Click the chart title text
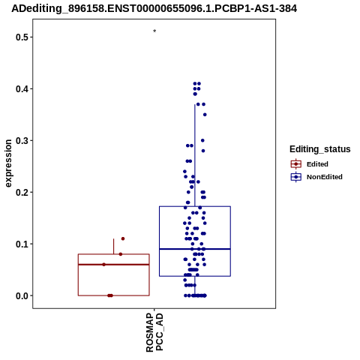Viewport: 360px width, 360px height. click(x=154, y=9)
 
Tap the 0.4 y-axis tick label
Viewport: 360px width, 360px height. click(x=21, y=89)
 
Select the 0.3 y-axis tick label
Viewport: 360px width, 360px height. click(x=21, y=141)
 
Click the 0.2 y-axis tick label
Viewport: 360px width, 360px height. click(x=21, y=193)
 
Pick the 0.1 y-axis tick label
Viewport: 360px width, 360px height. click(x=21, y=244)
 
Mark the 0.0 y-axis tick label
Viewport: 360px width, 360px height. click(x=21, y=296)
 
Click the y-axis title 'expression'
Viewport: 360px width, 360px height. click(x=8, y=163)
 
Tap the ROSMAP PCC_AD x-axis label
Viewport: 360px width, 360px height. click(x=154, y=332)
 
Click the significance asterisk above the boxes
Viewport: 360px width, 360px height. click(x=154, y=31)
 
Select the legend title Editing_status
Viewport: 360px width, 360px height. click(x=320, y=149)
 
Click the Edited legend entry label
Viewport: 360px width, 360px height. click(x=317, y=164)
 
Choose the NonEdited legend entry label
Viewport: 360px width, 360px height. click(x=325, y=177)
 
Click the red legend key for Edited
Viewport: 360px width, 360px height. click(x=296, y=164)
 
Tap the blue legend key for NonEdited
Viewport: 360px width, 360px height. click(x=296, y=177)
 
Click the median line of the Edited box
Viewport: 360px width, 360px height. click(x=114, y=265)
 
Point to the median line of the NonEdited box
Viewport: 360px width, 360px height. click(x=195, y=249)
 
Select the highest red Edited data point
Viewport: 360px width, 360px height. click(x=123, y=238)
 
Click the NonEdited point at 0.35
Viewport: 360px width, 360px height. click(x=205, y=115)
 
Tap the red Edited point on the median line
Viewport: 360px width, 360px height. click(x=104, y=265)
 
